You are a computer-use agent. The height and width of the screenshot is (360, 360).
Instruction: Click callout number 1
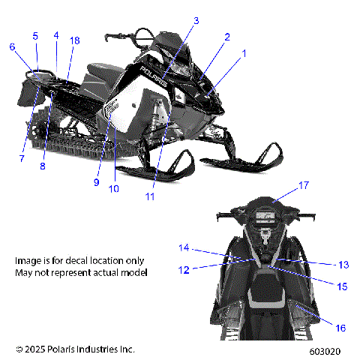tap(243, 53)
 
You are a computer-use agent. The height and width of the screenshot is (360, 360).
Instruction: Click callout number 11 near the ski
tap(150, 196)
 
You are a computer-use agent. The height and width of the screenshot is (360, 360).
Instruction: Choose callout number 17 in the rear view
tap(283, 184)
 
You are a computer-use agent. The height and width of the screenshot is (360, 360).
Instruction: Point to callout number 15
tap(342, 286)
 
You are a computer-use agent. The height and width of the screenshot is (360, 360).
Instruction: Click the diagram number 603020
tap(325, 350)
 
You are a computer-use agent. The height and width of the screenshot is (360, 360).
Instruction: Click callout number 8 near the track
tap(43, 166)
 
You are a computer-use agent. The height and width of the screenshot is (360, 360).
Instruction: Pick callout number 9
tap(97, 181)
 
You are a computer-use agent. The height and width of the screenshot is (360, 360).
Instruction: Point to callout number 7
tap(22, 159)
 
